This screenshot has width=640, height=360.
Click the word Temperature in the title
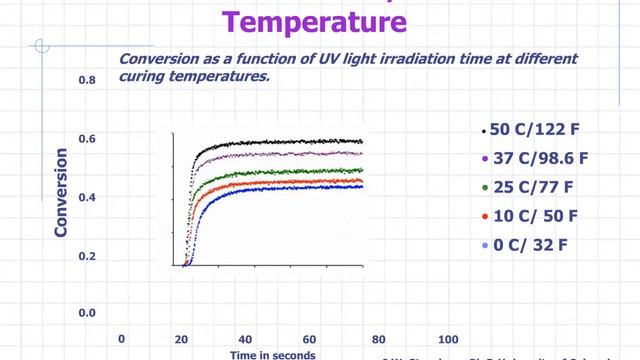click(320, 19)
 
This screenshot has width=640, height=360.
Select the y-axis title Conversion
click(61, 193)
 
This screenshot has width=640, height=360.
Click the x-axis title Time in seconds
click(273, 354)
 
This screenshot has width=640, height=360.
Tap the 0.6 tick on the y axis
click(86, 138)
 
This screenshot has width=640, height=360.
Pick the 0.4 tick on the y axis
click(86, 197)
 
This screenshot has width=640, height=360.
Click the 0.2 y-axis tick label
click(86, 256)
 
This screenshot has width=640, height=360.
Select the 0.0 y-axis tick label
click(86, 313)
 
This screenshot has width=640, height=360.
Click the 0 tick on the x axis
click(122, 339)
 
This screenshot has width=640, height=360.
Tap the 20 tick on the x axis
click(183, 339)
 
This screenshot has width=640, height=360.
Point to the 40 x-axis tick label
click(245, 339)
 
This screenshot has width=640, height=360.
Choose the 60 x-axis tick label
click(310, 339)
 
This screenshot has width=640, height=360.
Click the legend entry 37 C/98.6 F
click(540, 158)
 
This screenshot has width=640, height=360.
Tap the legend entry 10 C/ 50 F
click(531, 215)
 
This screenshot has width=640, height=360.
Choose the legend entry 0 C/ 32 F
click(527, 244)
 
